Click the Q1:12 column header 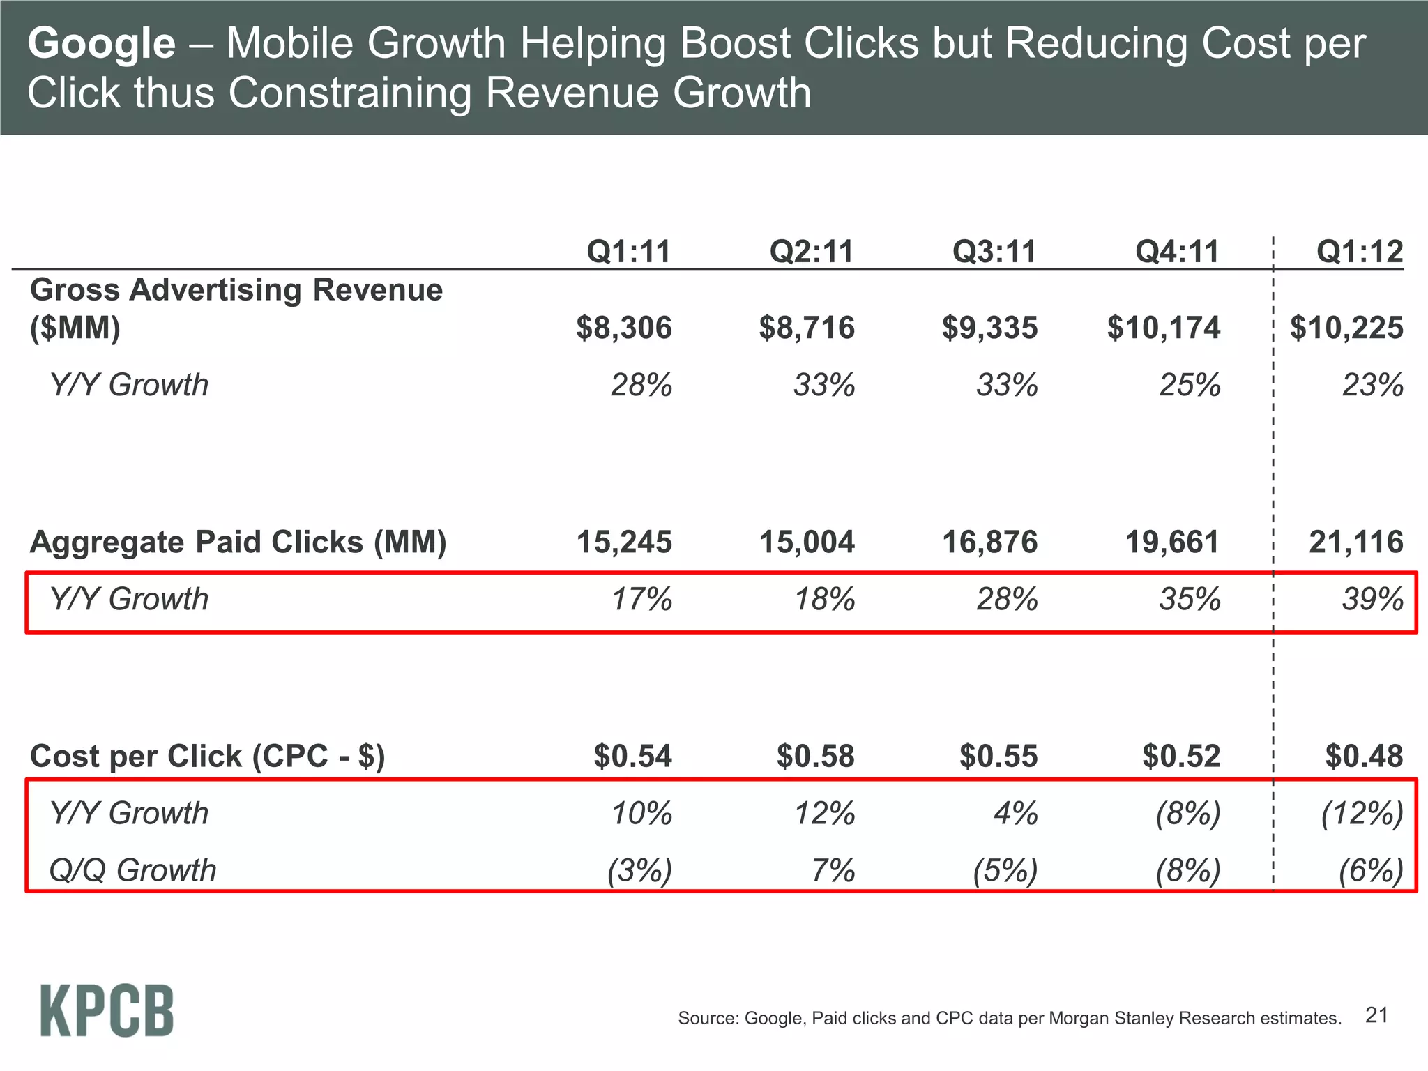click(1359, 252)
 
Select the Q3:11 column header click(994, 252)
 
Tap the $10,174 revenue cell click(1163, 328)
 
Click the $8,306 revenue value click(623, 328)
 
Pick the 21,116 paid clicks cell click(1355, 542)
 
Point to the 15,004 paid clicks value click(807, 542)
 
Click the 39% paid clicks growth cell click(1372, 600)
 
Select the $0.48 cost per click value click(1364, 757)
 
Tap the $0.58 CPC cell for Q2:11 click(815, 757)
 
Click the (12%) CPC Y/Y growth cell click(1362, 814)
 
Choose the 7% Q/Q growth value click(833, 871)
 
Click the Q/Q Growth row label click(132, 871)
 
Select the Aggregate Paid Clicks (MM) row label click(238, 542)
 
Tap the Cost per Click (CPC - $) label click(207, 757)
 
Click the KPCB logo click(107, 1010)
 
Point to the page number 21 click(1376, 1015)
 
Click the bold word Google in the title click(101, 43)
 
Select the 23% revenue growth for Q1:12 click(1372, 386)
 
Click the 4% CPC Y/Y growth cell click(1015, 814)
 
